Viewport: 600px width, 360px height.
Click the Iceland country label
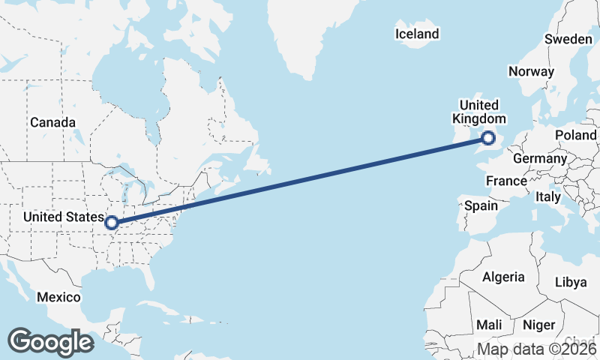[416, 34]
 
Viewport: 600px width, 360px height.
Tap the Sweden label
[568, 39]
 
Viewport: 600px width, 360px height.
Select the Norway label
[531, 71]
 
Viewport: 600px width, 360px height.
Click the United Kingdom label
[479, 112]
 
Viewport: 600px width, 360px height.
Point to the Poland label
[575, 135]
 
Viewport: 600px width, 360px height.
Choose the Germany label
[540, 159]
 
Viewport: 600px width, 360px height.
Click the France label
[506, 181]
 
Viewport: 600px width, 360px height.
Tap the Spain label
[481, 205]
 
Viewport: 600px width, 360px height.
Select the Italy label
[548, 196]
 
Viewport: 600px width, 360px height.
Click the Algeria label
[503, 277]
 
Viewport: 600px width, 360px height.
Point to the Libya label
[571, 282]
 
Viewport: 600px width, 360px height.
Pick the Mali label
[489, 325]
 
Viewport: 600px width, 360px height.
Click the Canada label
[52, 122]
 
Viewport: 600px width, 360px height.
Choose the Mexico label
[58, 297]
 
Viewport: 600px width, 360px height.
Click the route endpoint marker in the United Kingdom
[488, 138]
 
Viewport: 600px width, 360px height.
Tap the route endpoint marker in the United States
[112, 223]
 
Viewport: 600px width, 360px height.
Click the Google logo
[50, 342]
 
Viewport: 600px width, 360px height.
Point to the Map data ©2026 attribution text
[537, 349]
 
